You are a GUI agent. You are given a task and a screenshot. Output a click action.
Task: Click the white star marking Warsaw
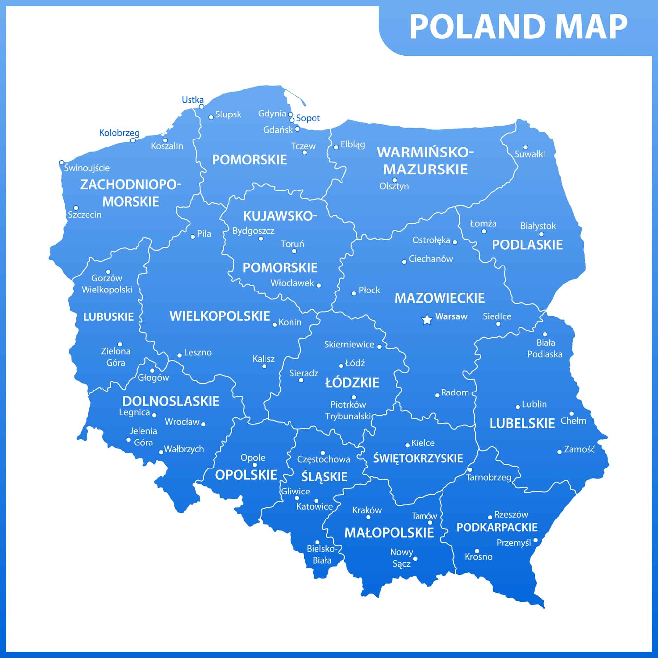click(426, 320)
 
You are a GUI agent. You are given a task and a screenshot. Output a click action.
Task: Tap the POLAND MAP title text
click(518, 28)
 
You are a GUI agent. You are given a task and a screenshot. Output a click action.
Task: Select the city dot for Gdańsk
click(297, 129)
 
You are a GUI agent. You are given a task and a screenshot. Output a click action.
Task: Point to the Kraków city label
click(367, 510)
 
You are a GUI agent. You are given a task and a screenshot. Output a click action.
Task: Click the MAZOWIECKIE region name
click(439, 298)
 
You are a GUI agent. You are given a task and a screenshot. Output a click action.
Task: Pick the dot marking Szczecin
click(76, 208)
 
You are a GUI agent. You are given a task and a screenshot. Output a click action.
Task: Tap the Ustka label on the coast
click(192, 100)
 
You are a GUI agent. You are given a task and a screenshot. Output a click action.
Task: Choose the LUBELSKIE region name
click(522, 424)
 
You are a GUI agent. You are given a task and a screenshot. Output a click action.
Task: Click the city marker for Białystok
click(541, 234)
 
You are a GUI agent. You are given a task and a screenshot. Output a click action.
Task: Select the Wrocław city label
click(182, 422)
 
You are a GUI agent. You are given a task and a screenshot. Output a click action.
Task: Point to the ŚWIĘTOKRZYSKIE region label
click(418, 458)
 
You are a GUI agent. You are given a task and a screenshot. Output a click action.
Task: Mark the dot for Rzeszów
click(490, 517)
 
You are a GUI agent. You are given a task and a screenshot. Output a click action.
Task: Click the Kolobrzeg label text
click(119, 133)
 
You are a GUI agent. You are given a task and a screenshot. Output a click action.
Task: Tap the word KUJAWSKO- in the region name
click(280, 216)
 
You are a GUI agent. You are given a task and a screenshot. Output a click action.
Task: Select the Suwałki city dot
click(525, 147)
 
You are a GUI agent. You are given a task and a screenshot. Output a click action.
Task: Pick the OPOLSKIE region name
click(246, 475)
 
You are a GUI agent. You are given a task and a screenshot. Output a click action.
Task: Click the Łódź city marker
click(341, 366)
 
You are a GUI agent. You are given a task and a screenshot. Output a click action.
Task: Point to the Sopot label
click(308, 118)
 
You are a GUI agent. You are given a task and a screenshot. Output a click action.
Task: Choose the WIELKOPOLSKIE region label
click(220, 316)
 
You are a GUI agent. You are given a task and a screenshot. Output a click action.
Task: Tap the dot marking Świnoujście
click(62, 163)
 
